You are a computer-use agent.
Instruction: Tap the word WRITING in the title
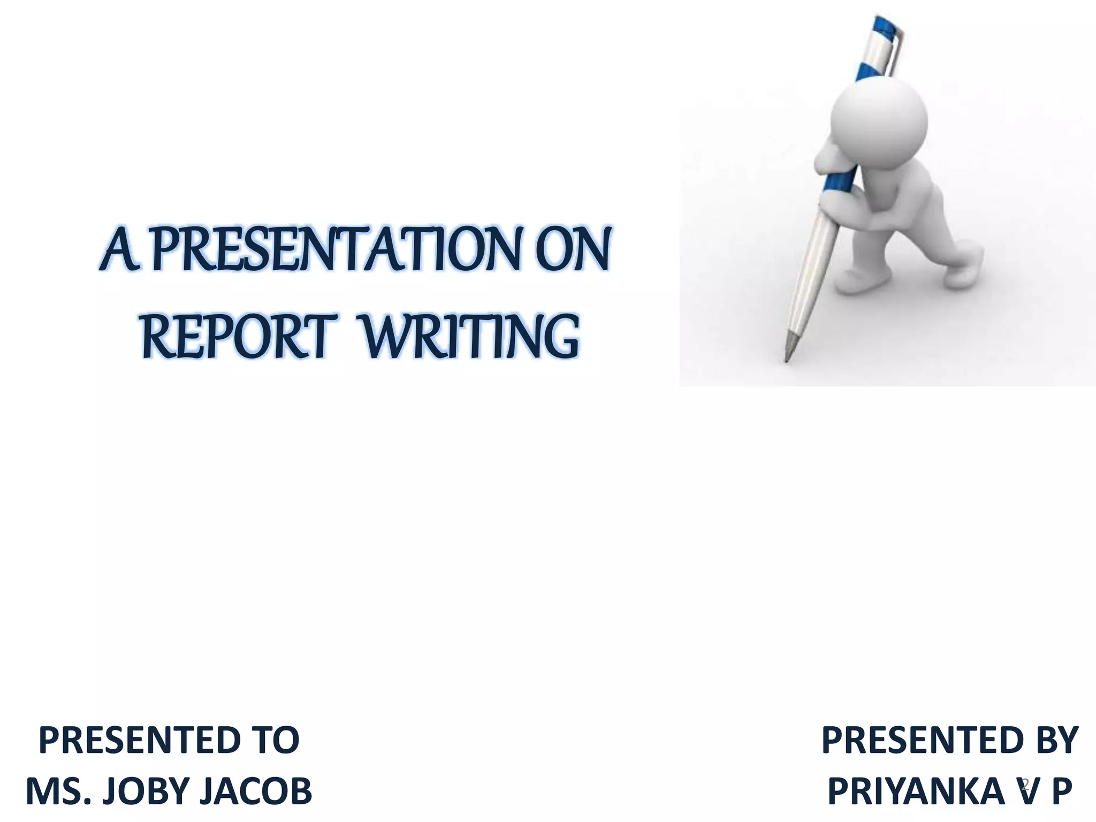point(470,338)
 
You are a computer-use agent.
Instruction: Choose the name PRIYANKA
point(915,791)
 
